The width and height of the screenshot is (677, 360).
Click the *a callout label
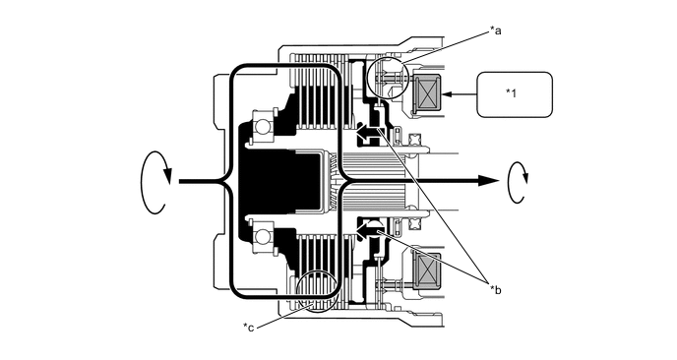pyautogui.click(x=495, y=30)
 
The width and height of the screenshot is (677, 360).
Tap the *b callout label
pyautogui.click(x=495, y=290)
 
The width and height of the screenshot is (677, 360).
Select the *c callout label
pyautogui.click(x=248, y=327)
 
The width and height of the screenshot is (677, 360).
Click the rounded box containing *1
pyautogui.click(x=515, y=94)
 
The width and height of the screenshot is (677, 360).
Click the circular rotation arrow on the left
pyautogui.click(x=154, y=182)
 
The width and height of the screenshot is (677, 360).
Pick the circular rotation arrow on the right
pyautogui.click(x=518, y=182)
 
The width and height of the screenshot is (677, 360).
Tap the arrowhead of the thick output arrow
pyautogui.click(x=488, y=181)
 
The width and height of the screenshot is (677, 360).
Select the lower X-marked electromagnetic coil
pyautogui.click(x=427, y=270)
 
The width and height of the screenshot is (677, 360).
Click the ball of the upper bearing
pyautogui.click(x=262, y=127)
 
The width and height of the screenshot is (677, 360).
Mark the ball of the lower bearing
pyautogui.click(x=262, y=236)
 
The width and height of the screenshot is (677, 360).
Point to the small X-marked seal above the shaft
pyautogui.click(x=413, y=140)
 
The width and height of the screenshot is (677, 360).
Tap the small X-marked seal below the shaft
pyautogui.click(x=413, y=223)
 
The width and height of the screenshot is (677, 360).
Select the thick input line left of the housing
pyautogui.click(x=201, y=182)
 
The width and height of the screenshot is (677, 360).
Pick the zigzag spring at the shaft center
pyautogui.click(x=335, y=182)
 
